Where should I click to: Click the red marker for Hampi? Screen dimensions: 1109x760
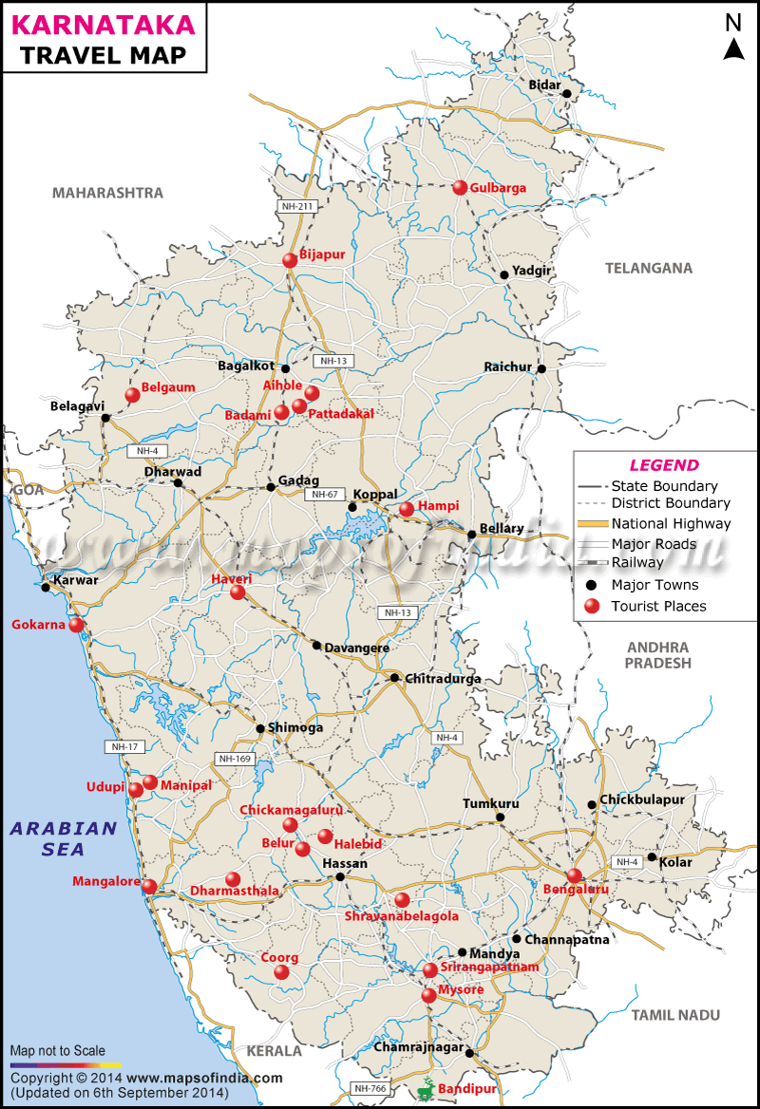pos(407,509)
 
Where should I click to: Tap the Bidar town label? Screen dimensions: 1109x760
pos(544,85)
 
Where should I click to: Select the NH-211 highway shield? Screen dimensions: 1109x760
pos(297,205)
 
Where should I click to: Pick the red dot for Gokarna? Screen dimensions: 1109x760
pos(76,625)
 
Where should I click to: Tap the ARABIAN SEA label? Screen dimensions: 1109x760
pos(63,838)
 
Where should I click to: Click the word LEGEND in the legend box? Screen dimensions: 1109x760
pos(664,465)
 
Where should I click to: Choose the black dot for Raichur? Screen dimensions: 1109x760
pos(541,368)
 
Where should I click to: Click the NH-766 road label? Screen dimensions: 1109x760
pos(370,1088)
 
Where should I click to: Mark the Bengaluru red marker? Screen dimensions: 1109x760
pos(574,875)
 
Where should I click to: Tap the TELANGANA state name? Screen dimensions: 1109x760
pos(649,268)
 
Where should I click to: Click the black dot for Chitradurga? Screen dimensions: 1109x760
pos(394,678)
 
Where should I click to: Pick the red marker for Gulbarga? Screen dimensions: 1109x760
pos(461,188)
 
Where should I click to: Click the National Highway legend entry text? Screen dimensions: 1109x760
pos(671,523)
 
